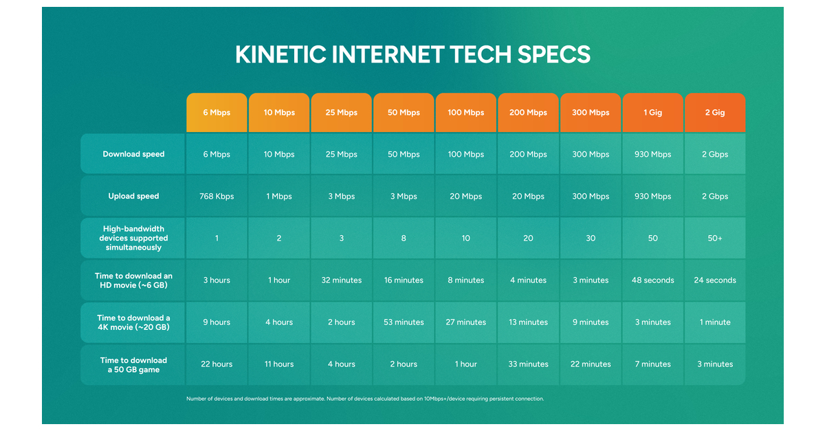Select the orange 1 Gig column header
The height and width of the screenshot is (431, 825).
652,113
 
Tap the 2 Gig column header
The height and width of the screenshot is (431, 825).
715,113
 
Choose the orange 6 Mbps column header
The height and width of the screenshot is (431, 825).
217,113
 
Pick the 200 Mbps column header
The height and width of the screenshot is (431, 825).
528,113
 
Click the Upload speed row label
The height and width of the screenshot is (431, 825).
133,197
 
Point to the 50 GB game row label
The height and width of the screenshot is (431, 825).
133,364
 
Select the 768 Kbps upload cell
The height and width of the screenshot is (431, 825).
217,197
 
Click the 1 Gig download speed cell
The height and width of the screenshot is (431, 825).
652,155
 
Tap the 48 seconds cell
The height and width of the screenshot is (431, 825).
652,280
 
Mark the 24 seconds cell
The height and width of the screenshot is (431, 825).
715,280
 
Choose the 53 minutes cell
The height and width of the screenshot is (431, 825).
404,322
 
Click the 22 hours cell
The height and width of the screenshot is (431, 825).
217,364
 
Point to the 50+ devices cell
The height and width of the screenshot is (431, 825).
715,239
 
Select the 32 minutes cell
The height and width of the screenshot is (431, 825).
342,280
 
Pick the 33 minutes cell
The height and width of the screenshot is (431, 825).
528,364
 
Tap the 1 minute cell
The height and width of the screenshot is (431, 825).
715,322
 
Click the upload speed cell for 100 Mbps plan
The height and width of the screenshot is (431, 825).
465,197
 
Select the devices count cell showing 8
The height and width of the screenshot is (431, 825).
404,239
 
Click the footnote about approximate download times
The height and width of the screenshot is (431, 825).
365,399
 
